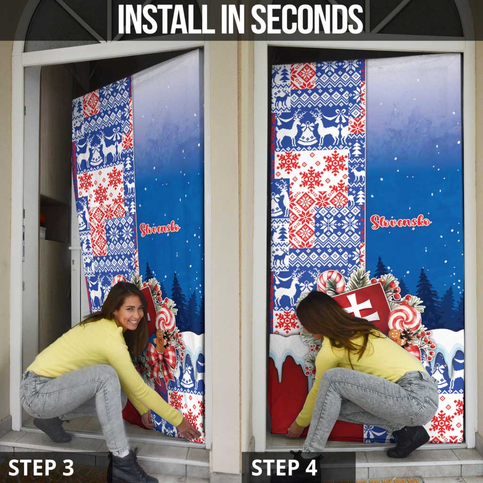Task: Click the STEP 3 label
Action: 41,467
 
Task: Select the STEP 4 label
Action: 284,467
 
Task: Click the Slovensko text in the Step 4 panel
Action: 400,221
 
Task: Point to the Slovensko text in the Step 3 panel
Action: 159,229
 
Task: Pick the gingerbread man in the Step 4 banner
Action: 394,336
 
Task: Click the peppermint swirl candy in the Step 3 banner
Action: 165,318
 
